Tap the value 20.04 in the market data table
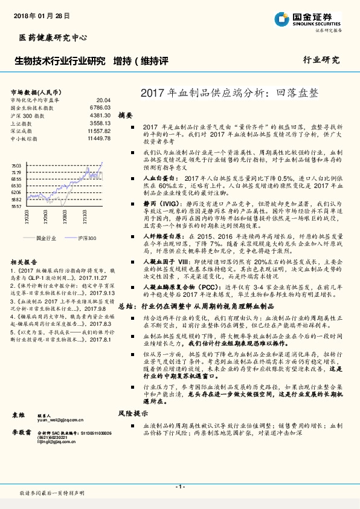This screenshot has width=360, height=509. (x=103, y=100)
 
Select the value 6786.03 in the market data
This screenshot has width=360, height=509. (x=100, y=108)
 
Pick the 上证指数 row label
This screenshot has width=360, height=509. (x=22, y=123)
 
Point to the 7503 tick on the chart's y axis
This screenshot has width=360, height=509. (x=16, y=166)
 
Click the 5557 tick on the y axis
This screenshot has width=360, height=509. (x=16, y=207)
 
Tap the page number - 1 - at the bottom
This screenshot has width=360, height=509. (x=179, y=486)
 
